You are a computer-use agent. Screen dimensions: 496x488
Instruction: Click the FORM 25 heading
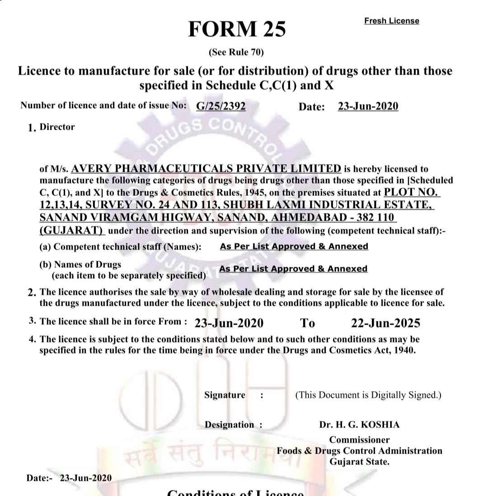237,29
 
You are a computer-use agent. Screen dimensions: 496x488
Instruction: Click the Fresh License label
391,21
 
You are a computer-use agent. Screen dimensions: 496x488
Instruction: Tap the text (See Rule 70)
236,52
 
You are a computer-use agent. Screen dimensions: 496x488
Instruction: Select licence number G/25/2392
221,106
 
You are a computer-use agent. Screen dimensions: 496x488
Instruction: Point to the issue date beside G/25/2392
368,106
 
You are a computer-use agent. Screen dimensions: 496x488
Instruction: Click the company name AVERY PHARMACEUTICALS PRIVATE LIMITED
206,169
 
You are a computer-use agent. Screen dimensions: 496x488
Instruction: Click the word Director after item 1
57,127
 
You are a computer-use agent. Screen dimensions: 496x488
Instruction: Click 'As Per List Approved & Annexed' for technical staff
294,246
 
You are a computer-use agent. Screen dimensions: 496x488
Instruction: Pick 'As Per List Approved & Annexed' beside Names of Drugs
293,269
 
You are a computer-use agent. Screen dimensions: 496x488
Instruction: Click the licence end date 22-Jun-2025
385,323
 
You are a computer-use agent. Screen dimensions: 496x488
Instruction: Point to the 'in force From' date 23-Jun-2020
229,323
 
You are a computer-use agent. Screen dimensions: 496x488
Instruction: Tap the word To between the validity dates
308,323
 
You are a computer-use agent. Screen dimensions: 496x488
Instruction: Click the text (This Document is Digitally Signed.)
368,395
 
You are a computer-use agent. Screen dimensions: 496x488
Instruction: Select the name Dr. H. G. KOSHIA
359,425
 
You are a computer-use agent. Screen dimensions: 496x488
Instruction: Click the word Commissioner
359,440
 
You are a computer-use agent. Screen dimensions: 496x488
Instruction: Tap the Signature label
225,395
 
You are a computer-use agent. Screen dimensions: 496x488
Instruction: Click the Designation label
230,425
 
